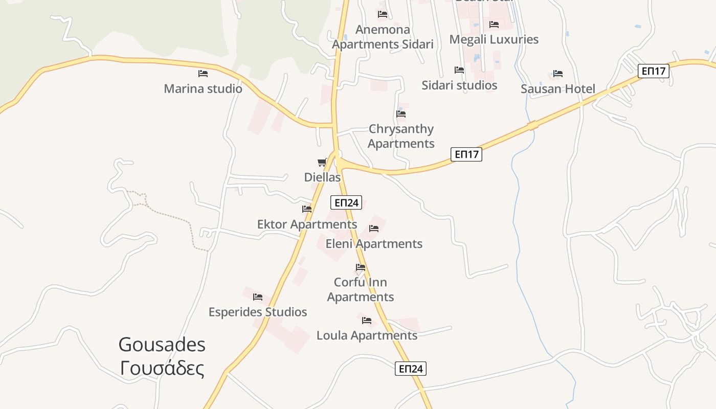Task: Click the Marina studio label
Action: (x=203, y=88)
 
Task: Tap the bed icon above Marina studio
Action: (x=203, y=74)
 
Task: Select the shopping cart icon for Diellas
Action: (x=322, y=163)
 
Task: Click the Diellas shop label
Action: (x=322, y=177)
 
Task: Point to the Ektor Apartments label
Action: (x=307, y=224)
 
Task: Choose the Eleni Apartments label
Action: (x=374, y=244)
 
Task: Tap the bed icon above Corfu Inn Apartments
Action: (x=361, y=267)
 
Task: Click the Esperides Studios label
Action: (x=258, y=312)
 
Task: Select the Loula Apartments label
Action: (x=367, y=335)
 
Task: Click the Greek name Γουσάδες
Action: (x=162, y=369)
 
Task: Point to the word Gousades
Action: (x=162, y=345)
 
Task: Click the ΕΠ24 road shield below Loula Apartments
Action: (x=411, y=369)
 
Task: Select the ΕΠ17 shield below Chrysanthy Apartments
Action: (x=466, y=154)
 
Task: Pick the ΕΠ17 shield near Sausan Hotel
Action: (x=654, y=71)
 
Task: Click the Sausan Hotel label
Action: (x=558, y=89)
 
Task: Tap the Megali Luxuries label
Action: (x=494, y=39)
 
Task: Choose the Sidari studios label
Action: (x=459, y=85)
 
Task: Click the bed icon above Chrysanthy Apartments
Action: (x=401, y=114)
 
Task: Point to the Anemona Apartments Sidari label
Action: (x=383, y=37)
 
